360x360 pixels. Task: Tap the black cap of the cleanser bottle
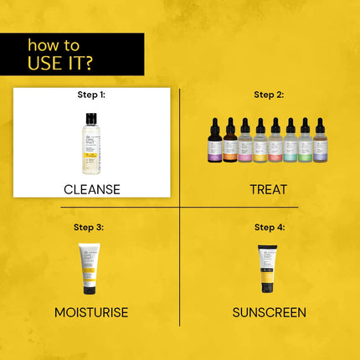tap(90, 119)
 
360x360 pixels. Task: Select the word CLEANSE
tap(92, 189)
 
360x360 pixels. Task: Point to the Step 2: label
tap(269, 95)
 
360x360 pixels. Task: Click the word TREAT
tap(269, 189)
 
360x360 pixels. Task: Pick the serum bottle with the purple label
tap(215, 141)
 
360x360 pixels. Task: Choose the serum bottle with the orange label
tap(230, 141)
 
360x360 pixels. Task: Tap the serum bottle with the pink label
tap(245, 141)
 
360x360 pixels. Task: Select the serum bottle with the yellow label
tap(260, 141)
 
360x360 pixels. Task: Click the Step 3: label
tap(89, 227)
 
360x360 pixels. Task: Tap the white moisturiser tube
tap(89, 268)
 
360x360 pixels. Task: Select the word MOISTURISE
tap(91, 312)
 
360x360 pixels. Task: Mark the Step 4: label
tap(269, 227)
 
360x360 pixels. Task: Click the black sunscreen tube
tap(267, 268)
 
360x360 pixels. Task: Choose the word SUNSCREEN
tap(269, 312)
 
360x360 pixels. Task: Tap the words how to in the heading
tap(54, 44)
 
